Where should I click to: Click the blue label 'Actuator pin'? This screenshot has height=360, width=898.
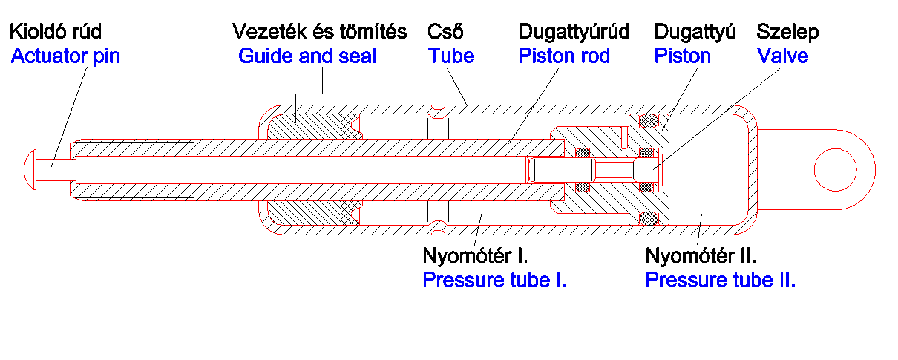point(65,56)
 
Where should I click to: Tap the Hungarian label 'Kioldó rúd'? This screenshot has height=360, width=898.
point(55,32)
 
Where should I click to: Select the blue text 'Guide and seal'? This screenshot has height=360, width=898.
point(307,56)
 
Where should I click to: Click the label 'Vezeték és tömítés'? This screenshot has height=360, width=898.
point(320,32)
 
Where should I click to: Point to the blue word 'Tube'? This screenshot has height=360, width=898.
point(451,56)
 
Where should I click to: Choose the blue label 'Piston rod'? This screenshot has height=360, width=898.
point(564,56)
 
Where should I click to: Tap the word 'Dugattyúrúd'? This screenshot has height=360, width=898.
point(574,32)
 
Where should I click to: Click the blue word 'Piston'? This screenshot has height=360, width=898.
point(682,56)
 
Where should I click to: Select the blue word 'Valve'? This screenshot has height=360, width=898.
point(782,56)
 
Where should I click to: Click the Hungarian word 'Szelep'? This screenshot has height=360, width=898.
point(787,32)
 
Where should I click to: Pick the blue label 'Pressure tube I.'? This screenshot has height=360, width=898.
point(495,281)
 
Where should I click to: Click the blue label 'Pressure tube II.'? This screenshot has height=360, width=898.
point(721,281)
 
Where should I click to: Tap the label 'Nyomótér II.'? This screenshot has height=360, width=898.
point(701,257)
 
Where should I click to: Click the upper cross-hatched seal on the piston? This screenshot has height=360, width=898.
point(649,119)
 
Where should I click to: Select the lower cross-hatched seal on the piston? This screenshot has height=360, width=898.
point(649,218)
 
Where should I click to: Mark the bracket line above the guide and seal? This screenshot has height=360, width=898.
point(322,94)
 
